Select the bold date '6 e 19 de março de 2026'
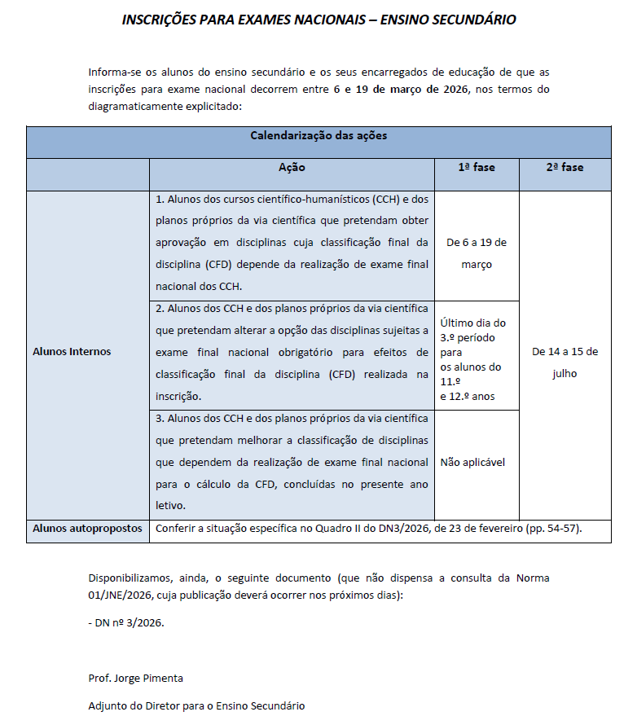click(402, 89)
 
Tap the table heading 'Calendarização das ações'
click(318, 135)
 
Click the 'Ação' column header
click(292, 167)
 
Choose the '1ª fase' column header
click(477, 167)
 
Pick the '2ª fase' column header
click(565, 167)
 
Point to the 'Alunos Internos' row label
click(72, 352)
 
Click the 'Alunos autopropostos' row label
click(87, 529)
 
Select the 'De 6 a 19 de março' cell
click(477, 253)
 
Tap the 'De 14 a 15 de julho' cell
click(565, 362)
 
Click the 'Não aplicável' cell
click(472, 462)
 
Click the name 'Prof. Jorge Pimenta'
click(134, 678)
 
